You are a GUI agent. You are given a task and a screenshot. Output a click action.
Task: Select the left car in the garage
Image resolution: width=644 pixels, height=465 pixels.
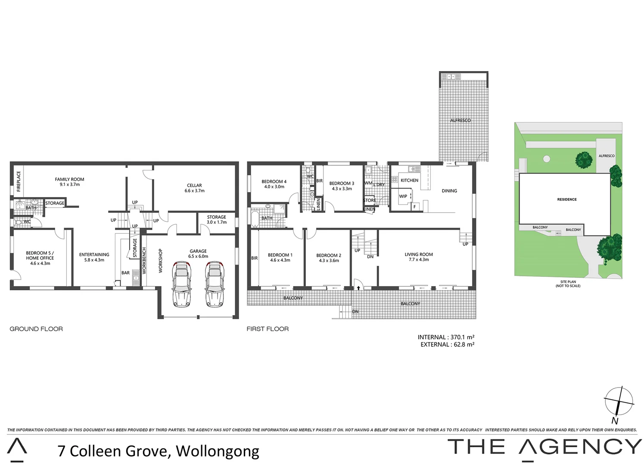click(182, 284)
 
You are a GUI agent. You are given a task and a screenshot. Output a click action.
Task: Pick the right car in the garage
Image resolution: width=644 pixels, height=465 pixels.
click(214, 284)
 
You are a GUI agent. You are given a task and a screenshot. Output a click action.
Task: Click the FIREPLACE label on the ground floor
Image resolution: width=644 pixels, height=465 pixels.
click(19, 181)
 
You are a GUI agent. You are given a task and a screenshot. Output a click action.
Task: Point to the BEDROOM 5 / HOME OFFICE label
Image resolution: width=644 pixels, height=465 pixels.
click(40, 258)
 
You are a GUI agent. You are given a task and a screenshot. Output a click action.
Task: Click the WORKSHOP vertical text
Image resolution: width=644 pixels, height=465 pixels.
click(161, 260)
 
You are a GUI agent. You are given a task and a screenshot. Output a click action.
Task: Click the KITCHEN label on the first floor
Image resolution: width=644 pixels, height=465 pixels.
click(409, 180)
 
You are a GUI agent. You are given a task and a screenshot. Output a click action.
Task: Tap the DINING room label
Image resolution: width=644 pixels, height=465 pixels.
click(449, 191)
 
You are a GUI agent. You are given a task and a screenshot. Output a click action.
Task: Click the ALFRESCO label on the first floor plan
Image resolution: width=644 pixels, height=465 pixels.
click(460, 121)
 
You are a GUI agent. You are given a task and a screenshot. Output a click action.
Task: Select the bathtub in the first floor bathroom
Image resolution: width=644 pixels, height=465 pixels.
click(255, 218)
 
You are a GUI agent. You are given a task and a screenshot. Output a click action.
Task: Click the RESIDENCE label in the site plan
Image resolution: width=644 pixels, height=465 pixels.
click(567, 199)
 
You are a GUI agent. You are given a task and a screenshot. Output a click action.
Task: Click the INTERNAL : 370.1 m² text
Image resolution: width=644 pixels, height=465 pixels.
click(446, 337)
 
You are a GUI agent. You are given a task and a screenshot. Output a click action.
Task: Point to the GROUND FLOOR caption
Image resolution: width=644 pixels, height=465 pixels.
click(36, 329)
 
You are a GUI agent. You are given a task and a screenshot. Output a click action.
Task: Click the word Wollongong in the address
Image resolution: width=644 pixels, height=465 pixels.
click(218, 451)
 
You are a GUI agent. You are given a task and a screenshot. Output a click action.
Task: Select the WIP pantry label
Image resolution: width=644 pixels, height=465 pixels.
click(403, 196)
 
